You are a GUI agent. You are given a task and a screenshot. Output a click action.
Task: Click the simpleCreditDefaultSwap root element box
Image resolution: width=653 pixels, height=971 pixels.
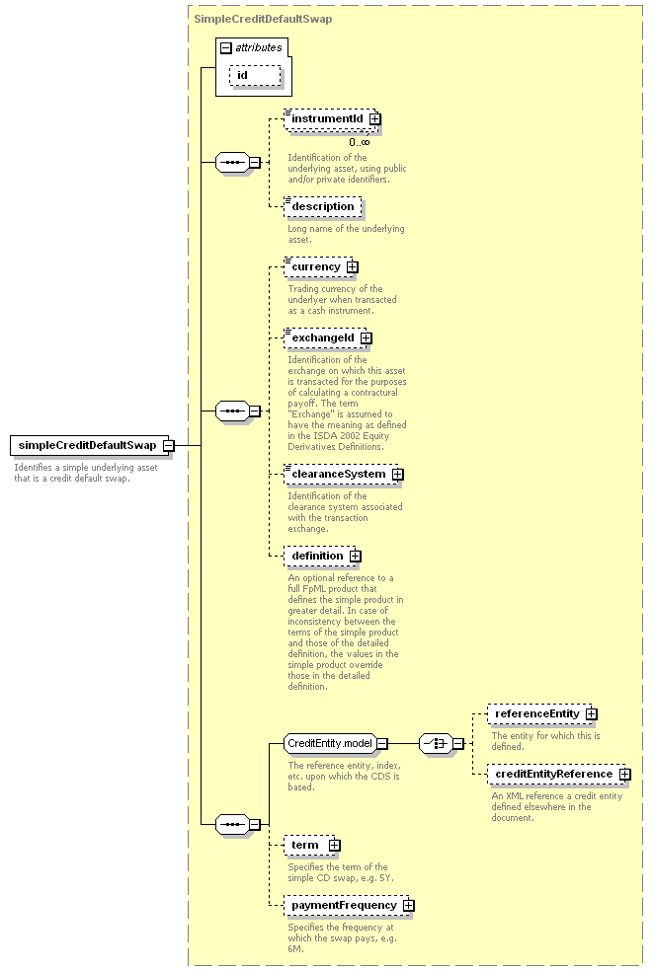tap(89, 445)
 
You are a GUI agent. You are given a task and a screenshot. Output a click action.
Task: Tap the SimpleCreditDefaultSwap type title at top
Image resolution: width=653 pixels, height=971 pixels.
tap(263, 19)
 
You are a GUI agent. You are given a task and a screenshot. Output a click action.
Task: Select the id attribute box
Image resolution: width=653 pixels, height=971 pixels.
tap(255, 76)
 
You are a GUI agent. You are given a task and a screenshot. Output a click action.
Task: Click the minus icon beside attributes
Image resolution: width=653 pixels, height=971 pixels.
tap(226, 47)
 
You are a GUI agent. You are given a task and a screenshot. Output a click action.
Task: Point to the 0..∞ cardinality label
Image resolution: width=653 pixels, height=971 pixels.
tap(359, 142)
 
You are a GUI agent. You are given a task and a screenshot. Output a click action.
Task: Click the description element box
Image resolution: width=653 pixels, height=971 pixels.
tap(322, 207)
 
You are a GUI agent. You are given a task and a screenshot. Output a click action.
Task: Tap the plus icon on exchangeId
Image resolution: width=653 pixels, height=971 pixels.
tap(367, 338)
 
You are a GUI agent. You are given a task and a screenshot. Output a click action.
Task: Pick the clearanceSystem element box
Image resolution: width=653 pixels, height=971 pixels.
tap(341, 475)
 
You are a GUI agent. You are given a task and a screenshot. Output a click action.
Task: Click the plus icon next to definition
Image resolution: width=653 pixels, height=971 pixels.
tap(356, 557)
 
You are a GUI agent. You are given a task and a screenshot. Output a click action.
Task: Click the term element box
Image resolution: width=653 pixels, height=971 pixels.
tap(309, 846)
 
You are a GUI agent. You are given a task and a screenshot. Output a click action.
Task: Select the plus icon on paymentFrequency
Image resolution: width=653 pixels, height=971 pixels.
tap(408, 905)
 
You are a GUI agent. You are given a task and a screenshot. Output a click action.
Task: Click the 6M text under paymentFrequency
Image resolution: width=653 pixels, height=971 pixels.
tap(295, 948)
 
